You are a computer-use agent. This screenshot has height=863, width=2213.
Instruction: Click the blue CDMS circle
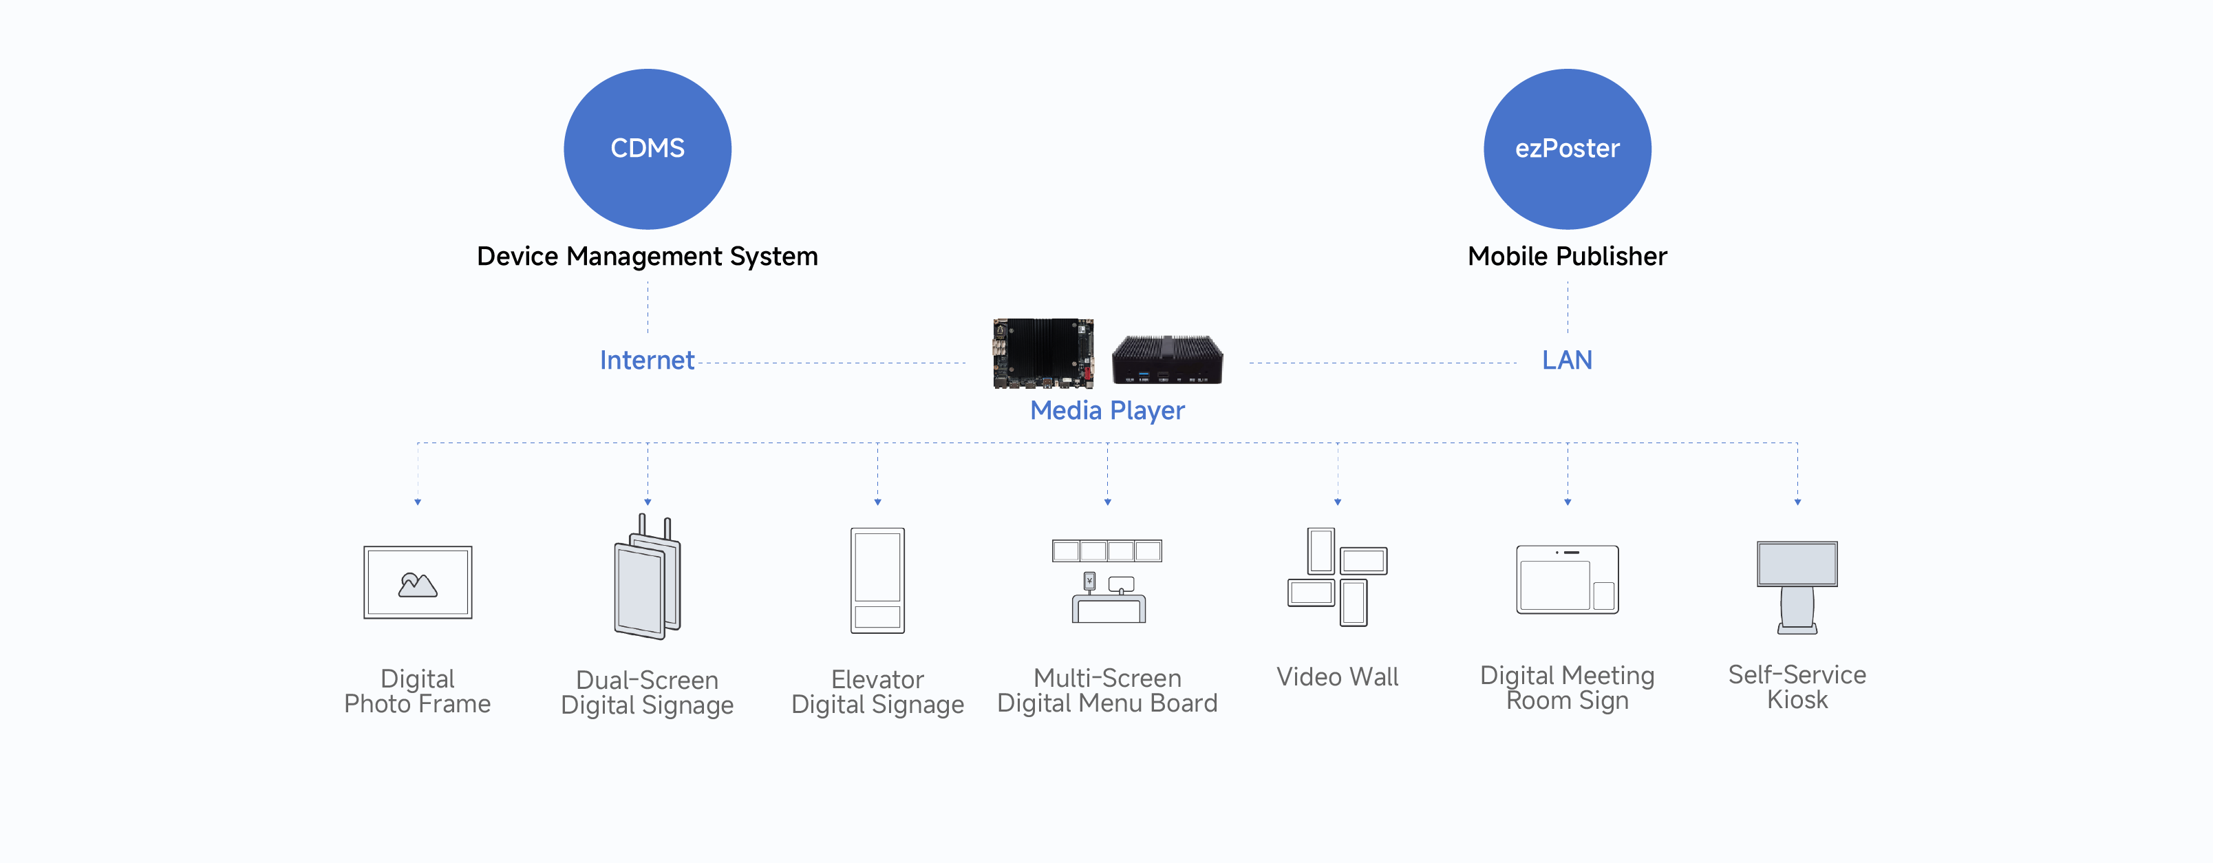647,149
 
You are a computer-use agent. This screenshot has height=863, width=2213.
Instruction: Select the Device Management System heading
647,256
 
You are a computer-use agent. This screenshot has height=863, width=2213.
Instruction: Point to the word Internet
646,360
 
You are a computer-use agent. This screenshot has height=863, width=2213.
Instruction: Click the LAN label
1566,360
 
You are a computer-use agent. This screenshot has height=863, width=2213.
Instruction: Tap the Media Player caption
1106,411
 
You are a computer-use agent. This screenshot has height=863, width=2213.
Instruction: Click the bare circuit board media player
1043,353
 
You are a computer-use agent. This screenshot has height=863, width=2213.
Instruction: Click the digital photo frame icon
418,582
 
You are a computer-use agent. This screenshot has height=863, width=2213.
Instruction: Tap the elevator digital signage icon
877,580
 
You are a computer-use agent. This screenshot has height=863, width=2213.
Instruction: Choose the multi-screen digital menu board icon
1106,580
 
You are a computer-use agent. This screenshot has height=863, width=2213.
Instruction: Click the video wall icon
1337,577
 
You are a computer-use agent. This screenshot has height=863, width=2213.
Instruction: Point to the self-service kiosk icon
1797,586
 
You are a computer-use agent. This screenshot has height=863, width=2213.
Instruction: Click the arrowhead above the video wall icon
1337,502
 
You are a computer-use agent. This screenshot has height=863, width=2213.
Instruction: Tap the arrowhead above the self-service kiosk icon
1797,502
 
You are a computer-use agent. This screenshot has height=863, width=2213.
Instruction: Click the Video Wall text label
1337,677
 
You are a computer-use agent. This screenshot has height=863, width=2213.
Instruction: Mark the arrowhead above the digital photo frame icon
418,502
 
